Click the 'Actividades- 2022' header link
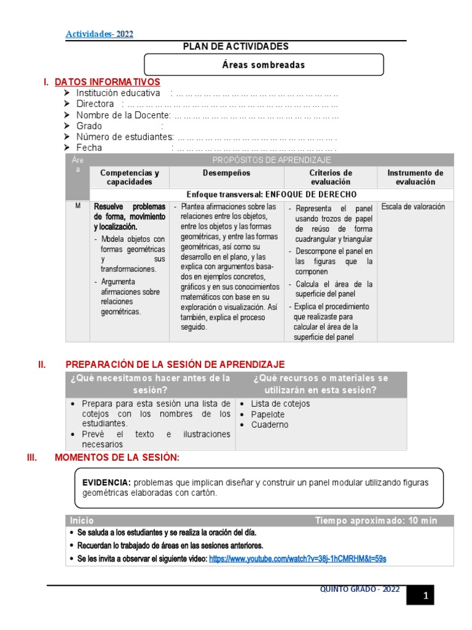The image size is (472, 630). coord(99,34)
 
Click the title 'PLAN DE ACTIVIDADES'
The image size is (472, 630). coord(236,47)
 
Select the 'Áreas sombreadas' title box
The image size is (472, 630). coord(263,65)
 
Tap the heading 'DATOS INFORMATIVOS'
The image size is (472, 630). coord(108,82)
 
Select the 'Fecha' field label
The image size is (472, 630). coord(89,148)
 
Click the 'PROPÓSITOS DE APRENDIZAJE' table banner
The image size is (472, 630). coord(271,160)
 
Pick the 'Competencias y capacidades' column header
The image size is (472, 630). coord(129,177)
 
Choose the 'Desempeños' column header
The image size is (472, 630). coord(227,173)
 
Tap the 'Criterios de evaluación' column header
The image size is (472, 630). coord(331,177)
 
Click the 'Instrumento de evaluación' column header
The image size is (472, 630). coord(415,177)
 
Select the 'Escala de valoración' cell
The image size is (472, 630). coord(412,207)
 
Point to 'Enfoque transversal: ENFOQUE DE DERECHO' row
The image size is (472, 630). coord(271,194)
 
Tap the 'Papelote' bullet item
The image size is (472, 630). coord(268,415)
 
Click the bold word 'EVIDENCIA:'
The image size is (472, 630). coord(106,482)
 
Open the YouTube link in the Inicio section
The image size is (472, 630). coord(297,559)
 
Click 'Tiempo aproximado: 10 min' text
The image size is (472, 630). coord(376,520)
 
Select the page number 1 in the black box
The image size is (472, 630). coord(425,596)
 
